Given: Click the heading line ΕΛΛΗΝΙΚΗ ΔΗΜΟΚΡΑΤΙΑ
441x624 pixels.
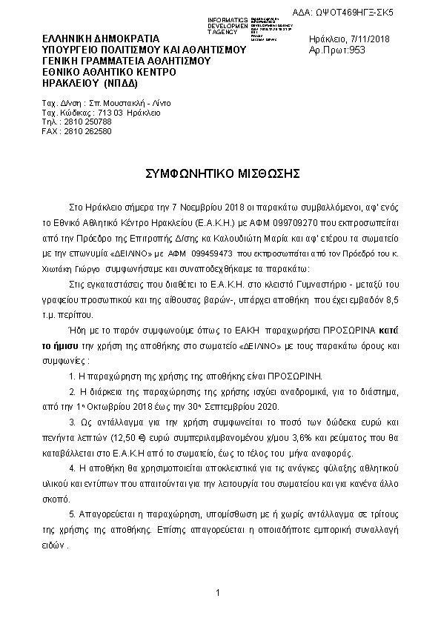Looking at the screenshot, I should [x=101, y=37].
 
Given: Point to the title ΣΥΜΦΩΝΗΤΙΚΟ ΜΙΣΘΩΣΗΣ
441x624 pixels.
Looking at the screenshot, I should [x=222, y=173].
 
